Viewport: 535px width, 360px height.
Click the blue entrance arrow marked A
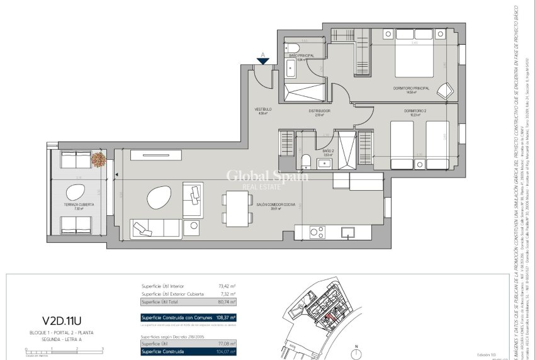click(263, 60)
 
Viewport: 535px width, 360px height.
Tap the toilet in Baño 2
click(304, 161)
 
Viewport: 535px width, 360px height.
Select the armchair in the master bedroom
click(446, 90)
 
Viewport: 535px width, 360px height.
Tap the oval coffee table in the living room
click(158, 199)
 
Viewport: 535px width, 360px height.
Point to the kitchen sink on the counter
click(347, 232)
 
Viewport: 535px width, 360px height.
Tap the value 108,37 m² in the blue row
click(223, 317)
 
